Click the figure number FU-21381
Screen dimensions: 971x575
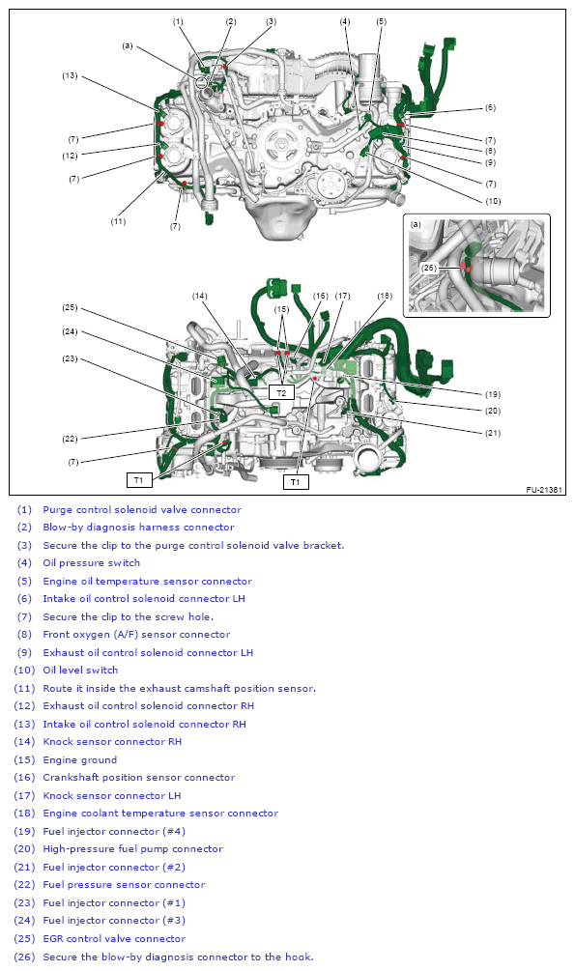pos(544,490)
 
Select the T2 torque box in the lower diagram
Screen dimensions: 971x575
pos(281,393)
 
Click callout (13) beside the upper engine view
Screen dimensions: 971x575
pos(70,75)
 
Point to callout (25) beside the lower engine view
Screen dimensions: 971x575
pos(70,308)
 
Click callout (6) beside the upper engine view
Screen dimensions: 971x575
pos(490,107)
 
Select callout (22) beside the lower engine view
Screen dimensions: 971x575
pos(70,439)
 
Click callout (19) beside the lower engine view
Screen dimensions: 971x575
pos(491,394)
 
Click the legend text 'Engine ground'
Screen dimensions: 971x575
pos(79,759)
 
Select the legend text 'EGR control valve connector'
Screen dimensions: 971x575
pos(114,938)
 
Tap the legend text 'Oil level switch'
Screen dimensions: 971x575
pos(80,670)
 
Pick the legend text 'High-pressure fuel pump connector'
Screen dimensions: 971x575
pos(132,849)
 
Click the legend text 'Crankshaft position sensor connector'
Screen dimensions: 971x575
pos(138,777)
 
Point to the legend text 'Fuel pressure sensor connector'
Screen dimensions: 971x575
pos(124,884)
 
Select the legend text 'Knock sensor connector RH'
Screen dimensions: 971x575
pos(111,742)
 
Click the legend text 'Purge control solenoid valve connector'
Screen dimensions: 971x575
pos(142,509)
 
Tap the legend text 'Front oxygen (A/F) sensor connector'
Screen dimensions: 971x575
pos(136,635)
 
